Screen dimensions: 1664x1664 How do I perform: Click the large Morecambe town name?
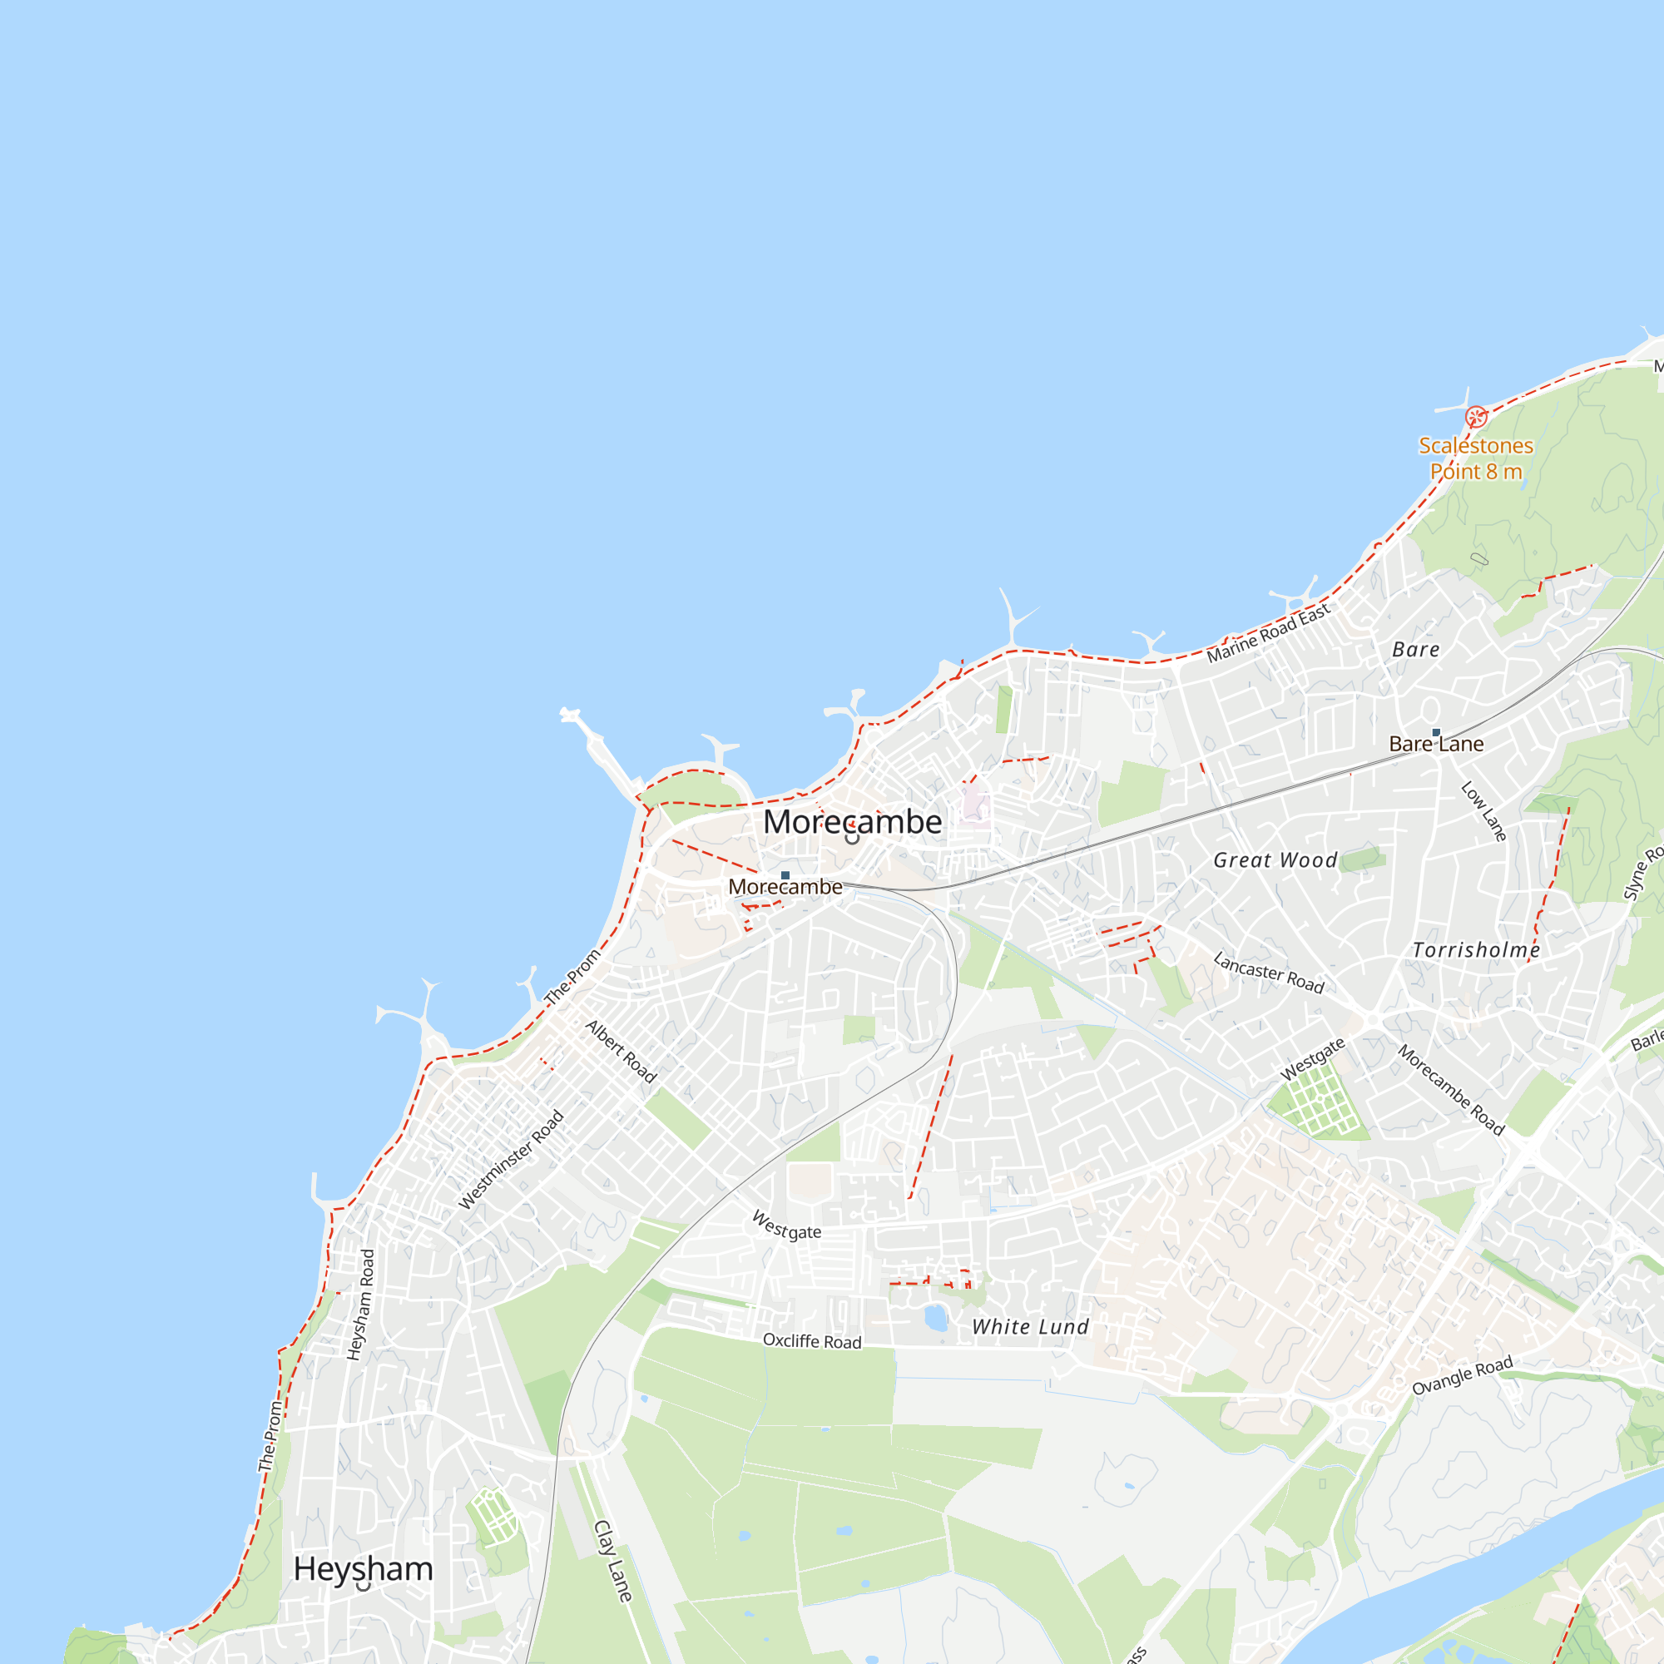click(x=852, y=822)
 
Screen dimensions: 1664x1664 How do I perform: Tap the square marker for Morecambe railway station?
click(x=785, y=875)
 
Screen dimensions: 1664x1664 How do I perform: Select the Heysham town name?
click(x=363, y=1568)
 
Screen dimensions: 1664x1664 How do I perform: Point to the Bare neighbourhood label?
click(x=1416, y=650)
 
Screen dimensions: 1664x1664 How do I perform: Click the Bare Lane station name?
click(x=1436, y=744)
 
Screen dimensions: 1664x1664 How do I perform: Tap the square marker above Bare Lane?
click(x=1436, y=732)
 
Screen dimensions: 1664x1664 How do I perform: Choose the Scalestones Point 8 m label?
click(x=1475, y=458)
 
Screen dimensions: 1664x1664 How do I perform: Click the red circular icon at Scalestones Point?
click(x=1475, y=418)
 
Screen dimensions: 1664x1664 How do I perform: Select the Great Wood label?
click(x=1275, y=860)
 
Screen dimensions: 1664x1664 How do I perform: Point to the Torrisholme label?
click(x=1476, y=950)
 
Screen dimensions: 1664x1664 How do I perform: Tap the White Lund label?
click(x=1030, y=1327)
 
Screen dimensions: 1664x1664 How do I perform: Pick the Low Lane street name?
click(x=1483, y=811)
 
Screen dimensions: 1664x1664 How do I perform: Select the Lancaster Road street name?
click(x=1268, y=973)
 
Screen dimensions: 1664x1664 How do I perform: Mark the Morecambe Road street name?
click(x=1450, y=1091)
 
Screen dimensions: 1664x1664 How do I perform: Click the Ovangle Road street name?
click(x=1462, y=1375)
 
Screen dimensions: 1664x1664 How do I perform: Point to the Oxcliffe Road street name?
click(x=811, y=1341)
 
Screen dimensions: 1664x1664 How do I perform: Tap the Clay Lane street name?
click(x=613, y=1561)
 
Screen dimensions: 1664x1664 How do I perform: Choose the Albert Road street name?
click(x=621, y=1052)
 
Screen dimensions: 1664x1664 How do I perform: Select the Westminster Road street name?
click(x=511, y=1159)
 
